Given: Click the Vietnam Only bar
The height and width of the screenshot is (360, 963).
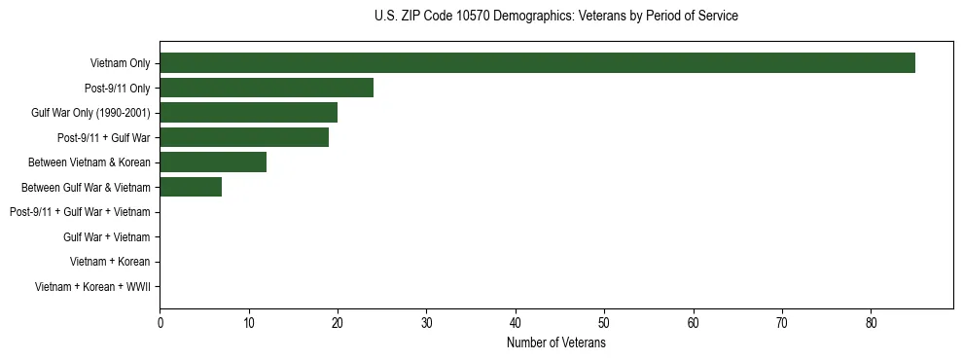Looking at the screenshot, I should pyautogui.click(x=537, y=63).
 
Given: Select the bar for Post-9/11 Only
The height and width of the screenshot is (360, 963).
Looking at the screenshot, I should pyautogui.click(x=267, y=89).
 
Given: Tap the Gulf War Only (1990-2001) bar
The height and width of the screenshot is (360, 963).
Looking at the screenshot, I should pyautogui.click(x=248, y=113).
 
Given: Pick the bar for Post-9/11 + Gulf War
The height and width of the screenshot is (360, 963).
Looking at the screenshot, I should pyautogui.click(x=244, y=137).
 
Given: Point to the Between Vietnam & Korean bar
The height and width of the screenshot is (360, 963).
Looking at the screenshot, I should pyautogui.click(x=213, y=162).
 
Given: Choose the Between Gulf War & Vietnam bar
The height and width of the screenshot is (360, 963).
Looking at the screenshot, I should pyautogui.click(x=191, y=187).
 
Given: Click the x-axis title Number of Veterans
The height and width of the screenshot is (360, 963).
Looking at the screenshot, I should pyautogui.click(x=555, y=343).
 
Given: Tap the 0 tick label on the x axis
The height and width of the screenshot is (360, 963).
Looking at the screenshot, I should pyautogui.click(x=160, y=323).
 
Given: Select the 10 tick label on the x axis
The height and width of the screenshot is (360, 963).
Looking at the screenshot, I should pyautogui.click(x=249, y=323).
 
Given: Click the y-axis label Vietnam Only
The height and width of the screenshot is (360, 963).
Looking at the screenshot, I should pyautogui.click(x=120, y=64).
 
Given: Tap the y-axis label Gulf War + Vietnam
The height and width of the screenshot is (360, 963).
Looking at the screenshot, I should pyautogui.click(x=106, y=237).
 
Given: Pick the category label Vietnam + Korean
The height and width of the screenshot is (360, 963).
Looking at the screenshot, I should pyautogui.click(x=110, y=262).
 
